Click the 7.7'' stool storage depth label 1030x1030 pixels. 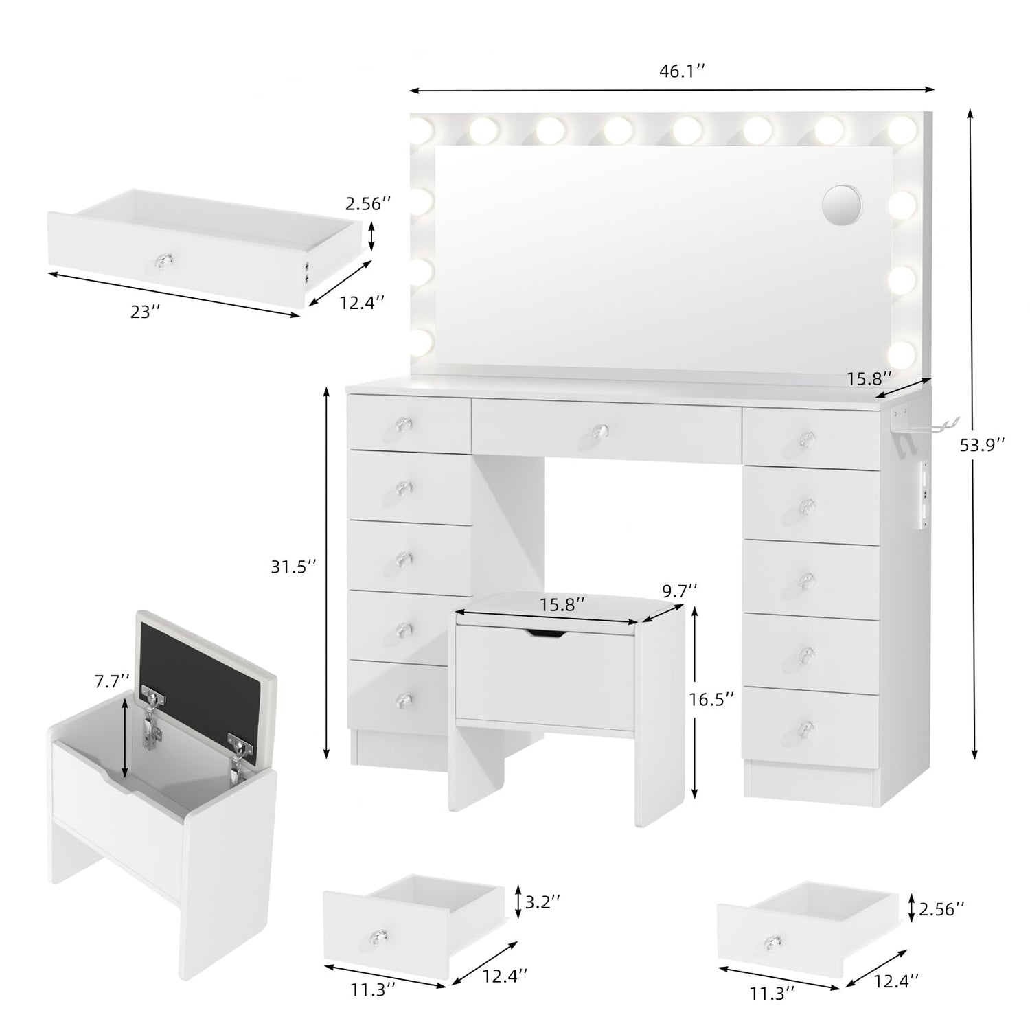point(113,682)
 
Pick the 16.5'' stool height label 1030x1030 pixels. point(712,698)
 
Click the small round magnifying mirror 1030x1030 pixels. point(842,205)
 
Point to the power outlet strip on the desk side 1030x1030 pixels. point(924,495)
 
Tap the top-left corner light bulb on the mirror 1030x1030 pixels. point(420,129)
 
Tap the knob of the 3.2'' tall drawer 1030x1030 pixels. point(380,936)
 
